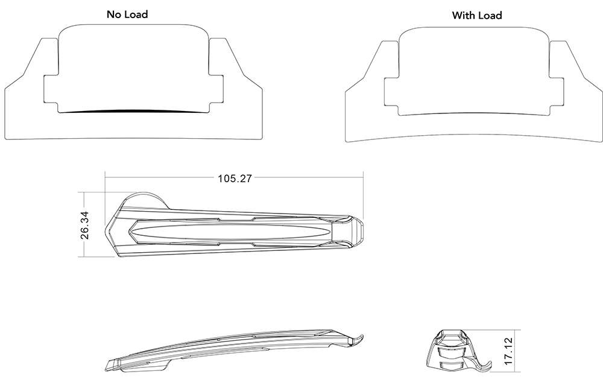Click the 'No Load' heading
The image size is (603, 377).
point(127,14)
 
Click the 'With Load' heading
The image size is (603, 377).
point(476,15)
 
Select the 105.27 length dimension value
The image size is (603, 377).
point(235,178)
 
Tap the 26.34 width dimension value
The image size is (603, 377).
point(85,226)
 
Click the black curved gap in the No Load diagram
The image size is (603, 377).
point(133,112)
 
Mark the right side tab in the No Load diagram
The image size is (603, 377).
point(216,90)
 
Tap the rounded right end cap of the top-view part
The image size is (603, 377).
point(355,230)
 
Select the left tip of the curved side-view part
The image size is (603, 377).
point(109,366)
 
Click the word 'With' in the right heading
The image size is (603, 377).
point(463,15)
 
